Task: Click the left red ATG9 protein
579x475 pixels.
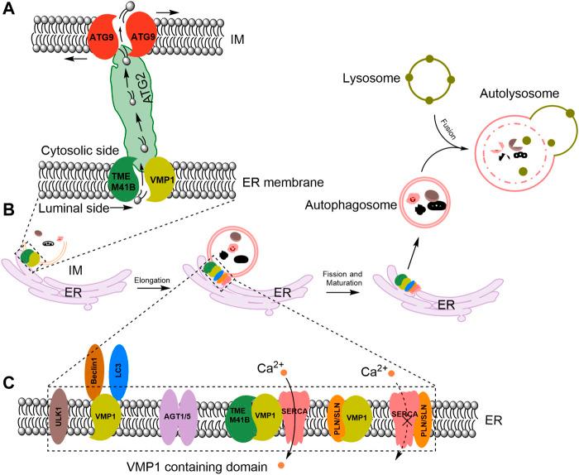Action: (102, 38)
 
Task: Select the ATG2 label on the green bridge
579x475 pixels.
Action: (148, 90)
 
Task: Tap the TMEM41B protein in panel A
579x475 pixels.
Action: (124, 180)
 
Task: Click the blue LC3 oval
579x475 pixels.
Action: (119, 372)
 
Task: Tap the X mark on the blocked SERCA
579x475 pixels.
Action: (407, 420)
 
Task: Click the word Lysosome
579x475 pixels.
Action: (371, 79)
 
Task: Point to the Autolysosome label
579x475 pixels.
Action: (519, 94)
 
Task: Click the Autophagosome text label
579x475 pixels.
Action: (351, 205)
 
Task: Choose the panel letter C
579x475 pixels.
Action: (8, 383)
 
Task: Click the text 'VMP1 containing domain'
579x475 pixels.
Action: (197, 467)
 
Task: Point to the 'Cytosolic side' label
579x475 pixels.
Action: (80, 151)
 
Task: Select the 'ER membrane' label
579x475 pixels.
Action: (283, 182)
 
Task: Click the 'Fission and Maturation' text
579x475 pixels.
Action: (342, 279)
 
